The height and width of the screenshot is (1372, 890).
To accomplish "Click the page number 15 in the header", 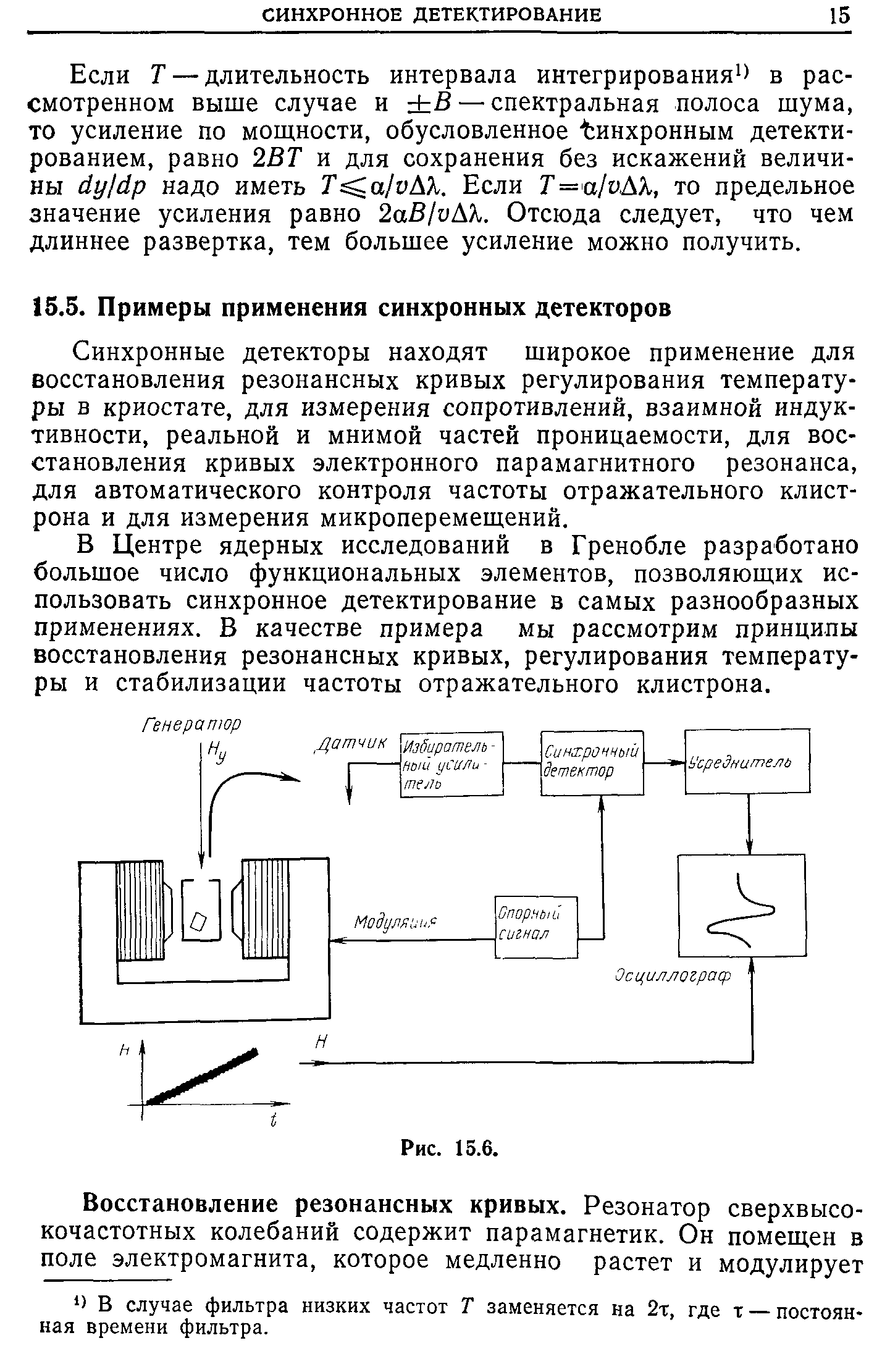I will pyautogui.click(x=841, y=15).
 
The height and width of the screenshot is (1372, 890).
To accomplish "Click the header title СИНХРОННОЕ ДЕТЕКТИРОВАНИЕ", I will pyautogui.click(x=432, y=15).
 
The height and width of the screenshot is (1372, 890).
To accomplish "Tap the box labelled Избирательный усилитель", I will pyautogui.click(x=451, y=764).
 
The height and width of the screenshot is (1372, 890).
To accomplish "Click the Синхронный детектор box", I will pyautogui.click(x=591, y=762).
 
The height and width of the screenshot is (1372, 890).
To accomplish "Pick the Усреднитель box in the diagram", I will pyautogui.click(x=747, y=760).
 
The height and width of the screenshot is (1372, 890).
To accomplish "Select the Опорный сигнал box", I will pyautogui.click(x=536, y=927).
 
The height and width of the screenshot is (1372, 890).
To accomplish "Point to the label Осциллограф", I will pyautogui.click(x=672, y=977).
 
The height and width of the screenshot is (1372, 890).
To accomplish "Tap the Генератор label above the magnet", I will pyautogui.click(x=191, y=723).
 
